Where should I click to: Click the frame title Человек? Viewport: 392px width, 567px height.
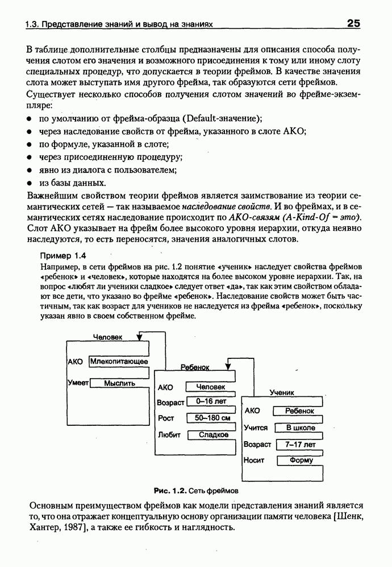point(108,337)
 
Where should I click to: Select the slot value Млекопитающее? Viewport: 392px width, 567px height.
point(119,361)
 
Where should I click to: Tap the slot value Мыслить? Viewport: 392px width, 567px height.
point(120,383)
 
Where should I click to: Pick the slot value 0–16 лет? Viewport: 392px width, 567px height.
point(211,401)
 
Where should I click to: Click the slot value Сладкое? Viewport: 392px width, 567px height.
point(213,435)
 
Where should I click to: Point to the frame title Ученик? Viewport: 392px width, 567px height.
point(281,392)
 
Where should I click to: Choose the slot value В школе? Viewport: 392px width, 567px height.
point(300,428)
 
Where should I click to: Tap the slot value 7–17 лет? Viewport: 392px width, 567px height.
point(301,444)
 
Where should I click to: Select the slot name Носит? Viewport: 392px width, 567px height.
point(254,460)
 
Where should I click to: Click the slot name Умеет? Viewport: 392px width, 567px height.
point(78,383)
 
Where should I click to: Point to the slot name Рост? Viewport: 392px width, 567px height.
point(165,418)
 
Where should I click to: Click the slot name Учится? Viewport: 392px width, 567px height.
point(256,428)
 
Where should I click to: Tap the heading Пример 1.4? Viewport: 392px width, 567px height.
point(61,256)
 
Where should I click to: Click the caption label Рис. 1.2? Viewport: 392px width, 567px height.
point(171,489)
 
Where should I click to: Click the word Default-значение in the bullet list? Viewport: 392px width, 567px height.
point(222,118)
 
